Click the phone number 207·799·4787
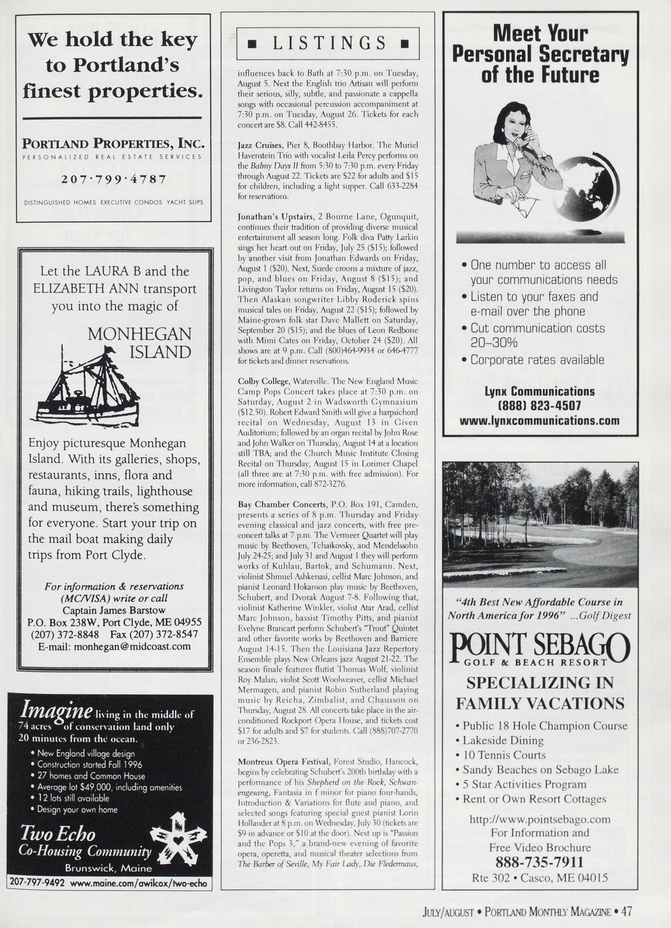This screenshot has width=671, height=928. point(113,179)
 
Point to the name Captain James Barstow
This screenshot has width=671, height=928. point(114,610)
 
